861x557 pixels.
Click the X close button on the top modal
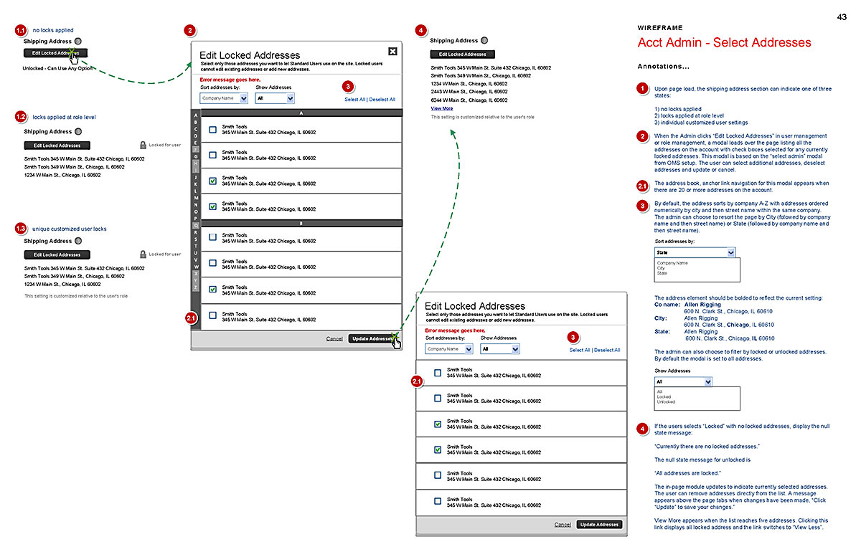click(392, 51)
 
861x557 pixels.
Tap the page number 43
click(842, 16)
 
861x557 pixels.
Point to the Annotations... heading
click(663, 67)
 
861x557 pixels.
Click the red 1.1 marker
click(21, 30)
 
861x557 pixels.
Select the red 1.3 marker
click(21, 229)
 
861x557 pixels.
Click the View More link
click(441, 108)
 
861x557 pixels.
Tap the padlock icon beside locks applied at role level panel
click(143, 145)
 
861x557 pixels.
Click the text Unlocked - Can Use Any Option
click(58, 68)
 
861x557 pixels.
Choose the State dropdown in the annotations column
click(695, 252)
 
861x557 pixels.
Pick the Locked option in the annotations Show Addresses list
click(664, 396)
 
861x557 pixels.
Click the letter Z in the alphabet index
click(195, 287)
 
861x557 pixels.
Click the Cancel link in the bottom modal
click(563, 525)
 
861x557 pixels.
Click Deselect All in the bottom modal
click(607, 350)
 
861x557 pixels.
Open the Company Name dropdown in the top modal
click(224, 98)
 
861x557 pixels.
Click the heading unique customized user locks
click(69, 229)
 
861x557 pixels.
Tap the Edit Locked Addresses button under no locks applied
click(55, 53)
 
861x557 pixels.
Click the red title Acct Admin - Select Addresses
click(724, 43)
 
